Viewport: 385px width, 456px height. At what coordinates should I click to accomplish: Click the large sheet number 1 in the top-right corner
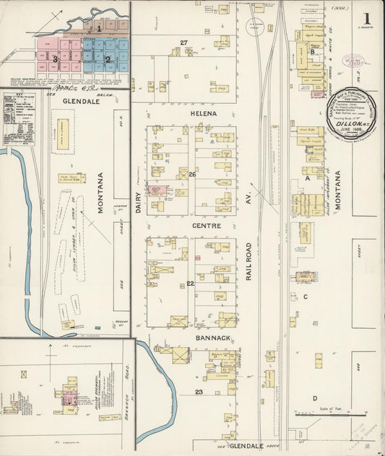(x=368, y=17)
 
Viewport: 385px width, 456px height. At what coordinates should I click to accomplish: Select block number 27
(x=183, y=43)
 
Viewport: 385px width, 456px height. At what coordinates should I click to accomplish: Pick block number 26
(x=192, y=175)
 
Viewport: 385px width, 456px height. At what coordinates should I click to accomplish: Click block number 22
(x=191, y=284)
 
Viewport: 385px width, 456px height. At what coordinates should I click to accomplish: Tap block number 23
(x=198, y=392)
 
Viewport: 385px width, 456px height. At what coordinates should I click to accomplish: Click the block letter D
(x=314, y=398)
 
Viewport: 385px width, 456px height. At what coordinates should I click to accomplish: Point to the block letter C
(x=306, y=297)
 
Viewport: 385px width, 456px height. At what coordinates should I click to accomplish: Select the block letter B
(x=312, y=52)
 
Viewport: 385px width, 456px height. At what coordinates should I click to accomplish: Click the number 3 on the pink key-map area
(x=55, y=58)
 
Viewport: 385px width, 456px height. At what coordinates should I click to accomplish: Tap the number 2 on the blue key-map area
(x=107, y=59)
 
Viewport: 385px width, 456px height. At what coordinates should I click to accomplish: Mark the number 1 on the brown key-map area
(x=99, y=28)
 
